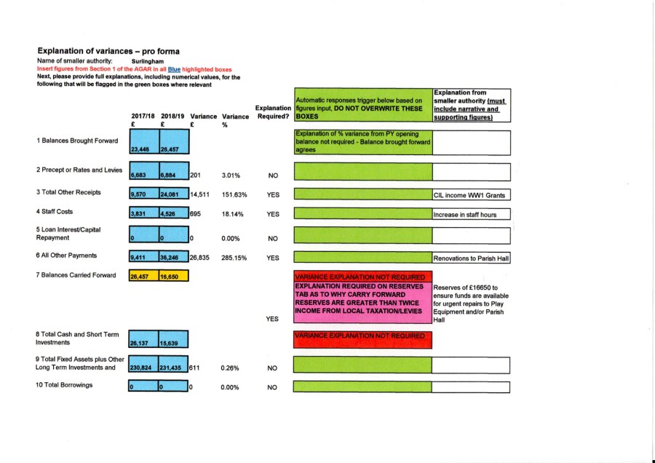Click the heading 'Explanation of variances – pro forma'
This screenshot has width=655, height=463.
pos(108,52)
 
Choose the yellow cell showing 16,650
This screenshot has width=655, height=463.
pos(173,276)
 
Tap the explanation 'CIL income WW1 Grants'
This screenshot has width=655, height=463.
pos(471,195)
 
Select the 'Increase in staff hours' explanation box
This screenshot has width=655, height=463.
pos(471,215)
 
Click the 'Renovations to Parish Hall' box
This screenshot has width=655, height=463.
pos(471,258)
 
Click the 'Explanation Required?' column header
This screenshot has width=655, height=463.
pos(273,113)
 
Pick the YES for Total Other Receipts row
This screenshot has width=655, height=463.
pos(273,195)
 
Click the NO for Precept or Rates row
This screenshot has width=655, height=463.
pos(273,175)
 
